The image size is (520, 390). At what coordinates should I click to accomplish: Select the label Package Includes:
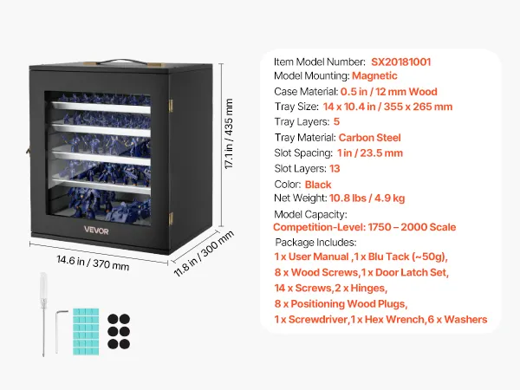pos(314,243)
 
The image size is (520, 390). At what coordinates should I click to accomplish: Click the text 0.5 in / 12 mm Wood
pos(388,92)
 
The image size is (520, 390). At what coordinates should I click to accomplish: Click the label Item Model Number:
pos(318,62)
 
